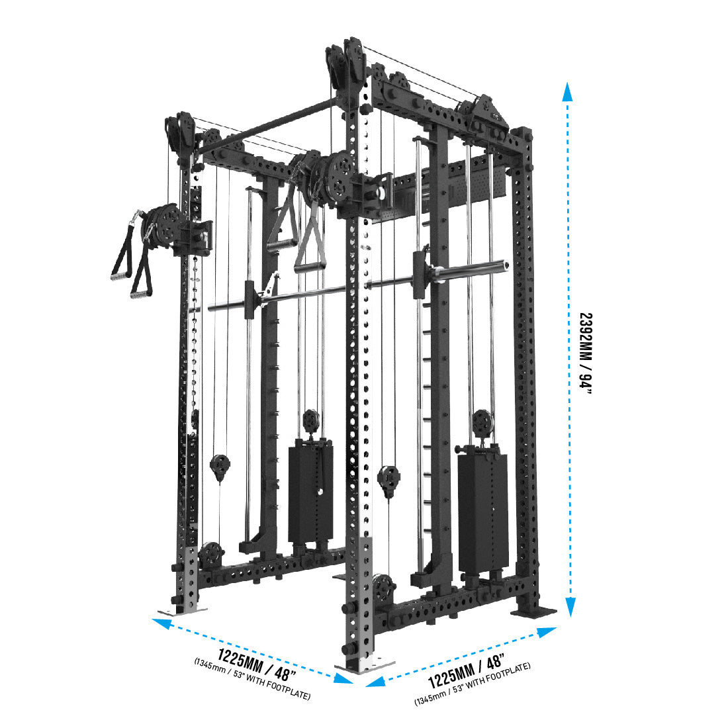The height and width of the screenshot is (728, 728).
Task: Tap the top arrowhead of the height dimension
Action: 567,91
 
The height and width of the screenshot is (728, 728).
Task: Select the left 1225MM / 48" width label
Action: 257,664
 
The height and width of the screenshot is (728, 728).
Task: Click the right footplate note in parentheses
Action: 472,684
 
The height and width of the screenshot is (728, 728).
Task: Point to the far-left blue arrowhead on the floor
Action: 160,623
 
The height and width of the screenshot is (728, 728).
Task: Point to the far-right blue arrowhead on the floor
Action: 547,633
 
